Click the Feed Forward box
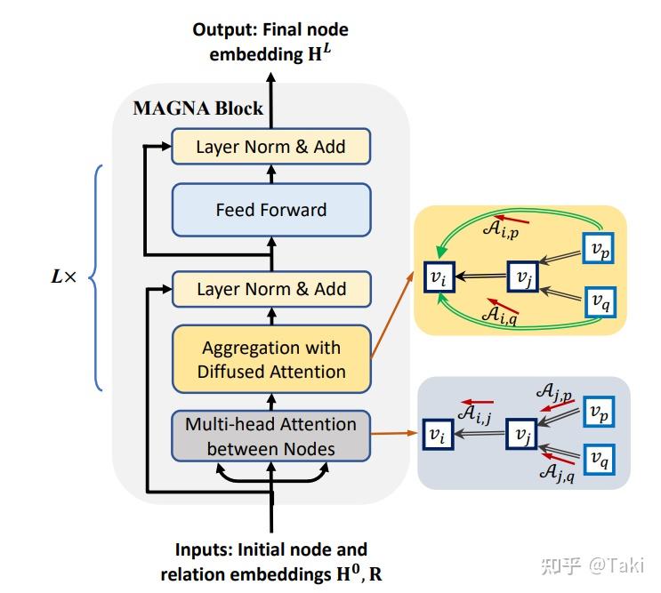[270, 210]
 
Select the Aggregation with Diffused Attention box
[270, 359]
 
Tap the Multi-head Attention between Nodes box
[270, 436]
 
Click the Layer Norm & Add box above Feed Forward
[270, 146]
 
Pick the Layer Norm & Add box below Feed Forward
[270, 289]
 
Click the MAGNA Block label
[197, 108]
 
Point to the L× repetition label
[65, 276]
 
